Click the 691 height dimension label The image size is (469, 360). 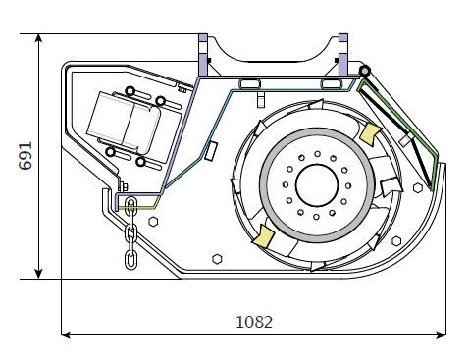click(26, 156)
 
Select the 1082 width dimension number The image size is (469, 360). click(254, 322)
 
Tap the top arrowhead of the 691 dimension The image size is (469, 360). click(38, 38)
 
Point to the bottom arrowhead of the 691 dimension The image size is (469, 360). click(38, 274)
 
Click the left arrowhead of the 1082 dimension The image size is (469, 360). click(66, 334)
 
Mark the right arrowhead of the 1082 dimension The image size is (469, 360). click(441, 334)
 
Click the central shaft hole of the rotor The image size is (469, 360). click(317, 185)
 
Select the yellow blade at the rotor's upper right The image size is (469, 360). click(370, 133)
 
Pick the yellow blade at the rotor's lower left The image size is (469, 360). click(263, 235)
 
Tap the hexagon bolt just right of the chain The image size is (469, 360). click(153, 222)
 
